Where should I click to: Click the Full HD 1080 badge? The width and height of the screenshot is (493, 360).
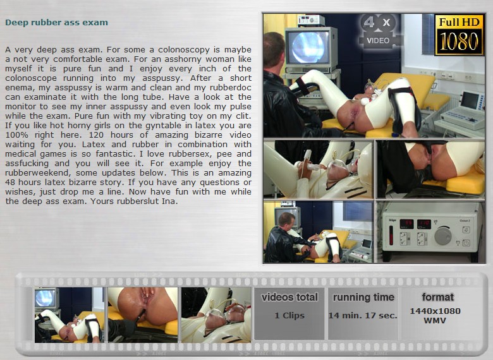[459, 35]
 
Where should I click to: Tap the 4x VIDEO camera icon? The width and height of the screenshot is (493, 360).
[379, 31]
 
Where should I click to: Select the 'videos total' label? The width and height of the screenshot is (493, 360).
[289, 297]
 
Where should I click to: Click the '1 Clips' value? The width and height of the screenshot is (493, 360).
[289, 315]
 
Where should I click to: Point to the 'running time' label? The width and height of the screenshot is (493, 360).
[363, 297]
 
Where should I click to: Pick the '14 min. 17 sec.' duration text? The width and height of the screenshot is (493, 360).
[363, 315]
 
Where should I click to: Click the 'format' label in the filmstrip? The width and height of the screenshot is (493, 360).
[437, 297]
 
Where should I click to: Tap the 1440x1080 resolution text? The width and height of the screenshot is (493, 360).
[435, 311]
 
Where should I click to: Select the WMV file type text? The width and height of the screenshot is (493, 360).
[435, 321]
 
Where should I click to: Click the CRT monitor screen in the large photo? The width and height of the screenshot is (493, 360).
[308, 47]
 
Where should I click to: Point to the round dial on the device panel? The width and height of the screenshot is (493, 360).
[442, 236]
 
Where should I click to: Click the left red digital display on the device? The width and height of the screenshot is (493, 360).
[406, 224]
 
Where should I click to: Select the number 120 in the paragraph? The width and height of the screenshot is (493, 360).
[97, 135]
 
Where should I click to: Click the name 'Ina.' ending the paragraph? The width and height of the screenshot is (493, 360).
[170, 201]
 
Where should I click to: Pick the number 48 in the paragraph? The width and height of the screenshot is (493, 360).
[10, 182]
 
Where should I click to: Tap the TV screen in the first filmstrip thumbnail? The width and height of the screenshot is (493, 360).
[46, 298]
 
